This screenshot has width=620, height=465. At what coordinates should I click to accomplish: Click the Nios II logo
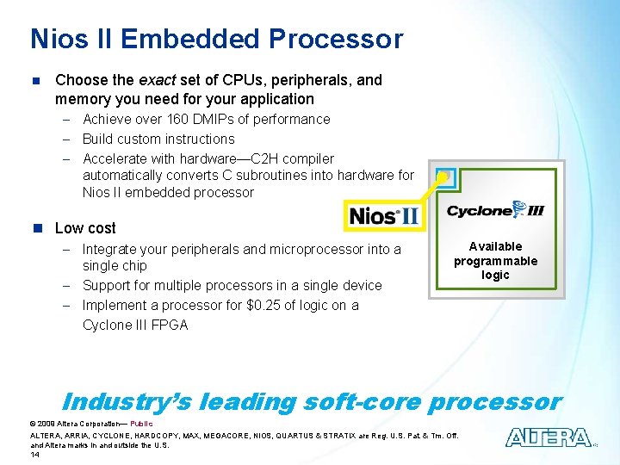tap(384, 214)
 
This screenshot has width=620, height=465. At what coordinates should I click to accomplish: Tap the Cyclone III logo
tap(495, 209)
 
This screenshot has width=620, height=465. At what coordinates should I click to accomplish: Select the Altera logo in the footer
tap(549, 437)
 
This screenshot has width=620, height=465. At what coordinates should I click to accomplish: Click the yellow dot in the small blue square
tap(443, 177)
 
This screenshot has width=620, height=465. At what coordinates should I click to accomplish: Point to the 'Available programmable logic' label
tap(495, 261)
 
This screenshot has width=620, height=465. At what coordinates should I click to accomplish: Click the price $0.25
tap(268, 305)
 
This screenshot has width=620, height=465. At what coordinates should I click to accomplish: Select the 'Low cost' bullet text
tap(85, 228)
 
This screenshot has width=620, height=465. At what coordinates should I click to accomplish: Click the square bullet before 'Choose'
tap(35, 81)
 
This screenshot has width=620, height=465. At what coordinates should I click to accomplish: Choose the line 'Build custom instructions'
tap(158, 139)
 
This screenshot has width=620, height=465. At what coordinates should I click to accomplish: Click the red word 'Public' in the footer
tap(141, 424)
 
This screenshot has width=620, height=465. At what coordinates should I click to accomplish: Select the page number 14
tap(35, 454)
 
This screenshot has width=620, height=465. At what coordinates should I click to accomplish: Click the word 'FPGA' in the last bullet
tap(169, 325)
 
